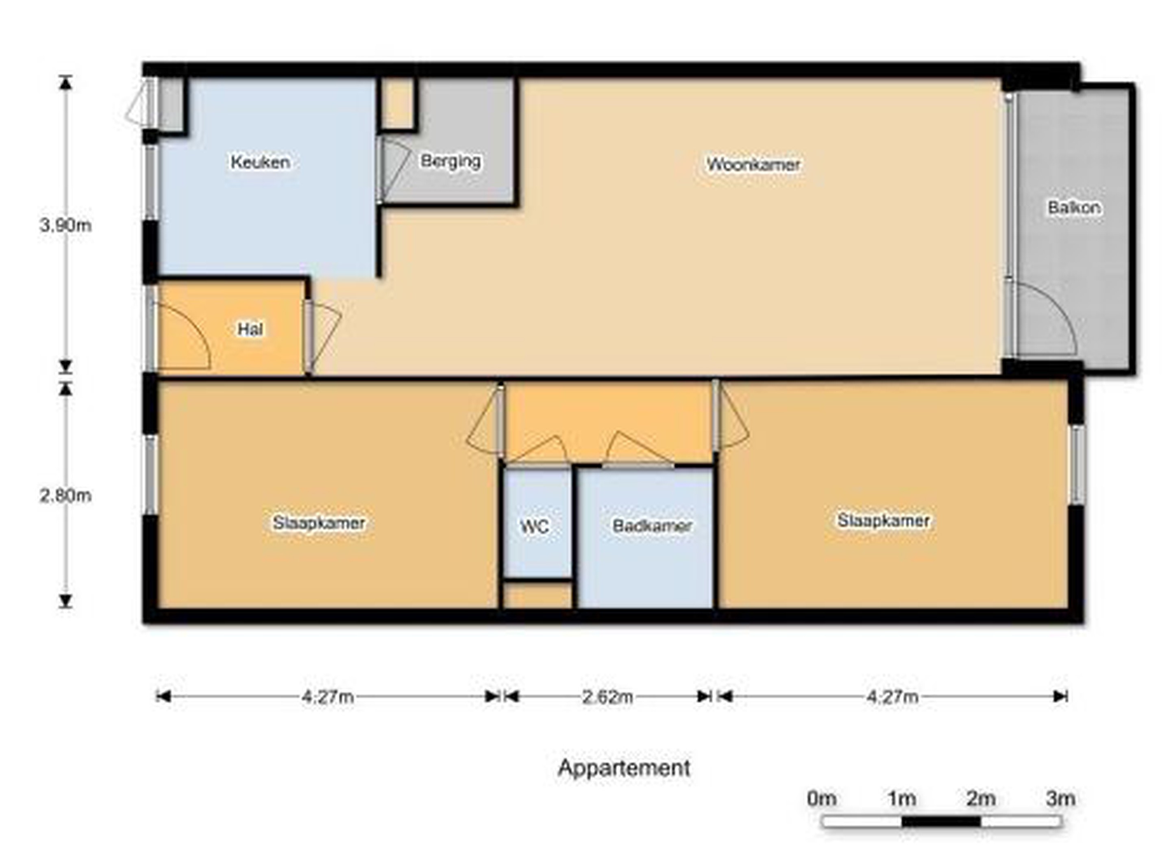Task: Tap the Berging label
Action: click(x=451, y=161)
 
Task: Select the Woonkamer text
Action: click(x=753, y=164)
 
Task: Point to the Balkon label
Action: click(x=1073, y=208)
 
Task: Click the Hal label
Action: click(x=250, y=329)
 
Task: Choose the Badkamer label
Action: click(x=652, y=525)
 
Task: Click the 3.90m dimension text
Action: click(x=65, y=226)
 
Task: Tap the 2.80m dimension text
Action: click(x=65, y=495)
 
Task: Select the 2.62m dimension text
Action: click(x=608, y=697)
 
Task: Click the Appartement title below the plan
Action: click(x=624, y=768)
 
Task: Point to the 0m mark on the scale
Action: click(x=822, y=799)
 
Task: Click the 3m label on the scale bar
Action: click(x=1061, y=799)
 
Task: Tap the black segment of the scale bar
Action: click(x=941, y=821)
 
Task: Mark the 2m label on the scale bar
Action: click(x=981, y=799)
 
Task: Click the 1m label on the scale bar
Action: click(x=901, y=799)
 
